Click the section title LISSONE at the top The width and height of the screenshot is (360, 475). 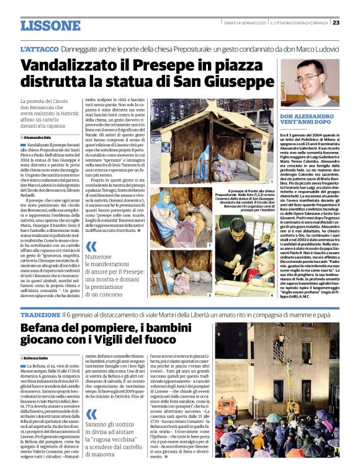50,25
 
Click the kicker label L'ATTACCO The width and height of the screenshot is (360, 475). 39,48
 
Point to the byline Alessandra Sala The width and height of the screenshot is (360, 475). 40,137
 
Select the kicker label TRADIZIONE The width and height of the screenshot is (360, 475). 40,315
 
